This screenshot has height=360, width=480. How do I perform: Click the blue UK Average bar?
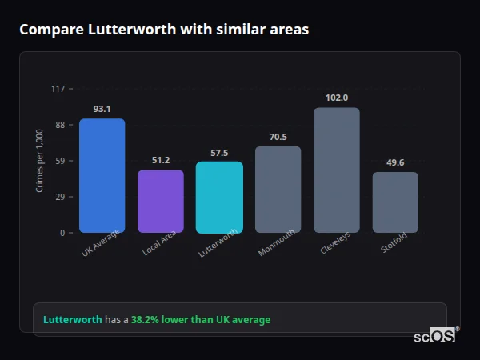pos(102,175)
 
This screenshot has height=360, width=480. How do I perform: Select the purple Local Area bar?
pos(161,201)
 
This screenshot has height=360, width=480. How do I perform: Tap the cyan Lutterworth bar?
pos(219,197)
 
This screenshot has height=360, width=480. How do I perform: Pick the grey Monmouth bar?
pos(278,189)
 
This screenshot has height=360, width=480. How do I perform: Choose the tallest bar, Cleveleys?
pos(337,170)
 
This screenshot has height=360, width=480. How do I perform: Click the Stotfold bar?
pos(395,202)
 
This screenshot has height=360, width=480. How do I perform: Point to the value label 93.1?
pos(102,109)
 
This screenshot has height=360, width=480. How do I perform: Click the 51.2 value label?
pos(161,160)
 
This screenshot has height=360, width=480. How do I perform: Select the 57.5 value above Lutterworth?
pos(219,152)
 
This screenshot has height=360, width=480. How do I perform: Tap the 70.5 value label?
pos(278,137)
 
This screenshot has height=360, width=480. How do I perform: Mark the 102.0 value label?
pos(337,98)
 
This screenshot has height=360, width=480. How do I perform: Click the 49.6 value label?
pos(395,162)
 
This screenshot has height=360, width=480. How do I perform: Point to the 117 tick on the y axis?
pos(58,89)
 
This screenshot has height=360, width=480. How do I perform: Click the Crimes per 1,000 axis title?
pos(40,161)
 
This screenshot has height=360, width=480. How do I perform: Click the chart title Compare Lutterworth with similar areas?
pos(164,30)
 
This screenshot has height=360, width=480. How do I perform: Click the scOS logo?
pos(435,336)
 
